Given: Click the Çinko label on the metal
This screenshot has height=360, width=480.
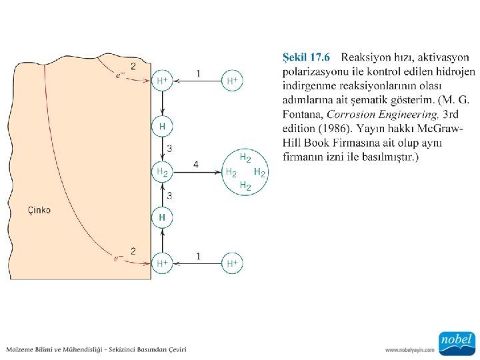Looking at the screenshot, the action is (x=39, y=211).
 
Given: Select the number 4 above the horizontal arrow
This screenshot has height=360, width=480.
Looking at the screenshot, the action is (x=195, y=164).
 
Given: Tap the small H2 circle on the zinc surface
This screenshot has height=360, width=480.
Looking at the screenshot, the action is (x=162, y=172).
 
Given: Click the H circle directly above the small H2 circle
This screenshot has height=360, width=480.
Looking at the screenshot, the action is (x=162, y=125).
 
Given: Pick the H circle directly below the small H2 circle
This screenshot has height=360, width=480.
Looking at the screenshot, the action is (x=162, y=217).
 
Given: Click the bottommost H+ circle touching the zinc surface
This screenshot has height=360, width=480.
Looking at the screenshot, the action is (x=162, y=263).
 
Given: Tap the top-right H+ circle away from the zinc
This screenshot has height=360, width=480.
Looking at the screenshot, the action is (x=232, y=81).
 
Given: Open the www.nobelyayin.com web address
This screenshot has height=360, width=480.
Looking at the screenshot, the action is (x=409, y=349).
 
